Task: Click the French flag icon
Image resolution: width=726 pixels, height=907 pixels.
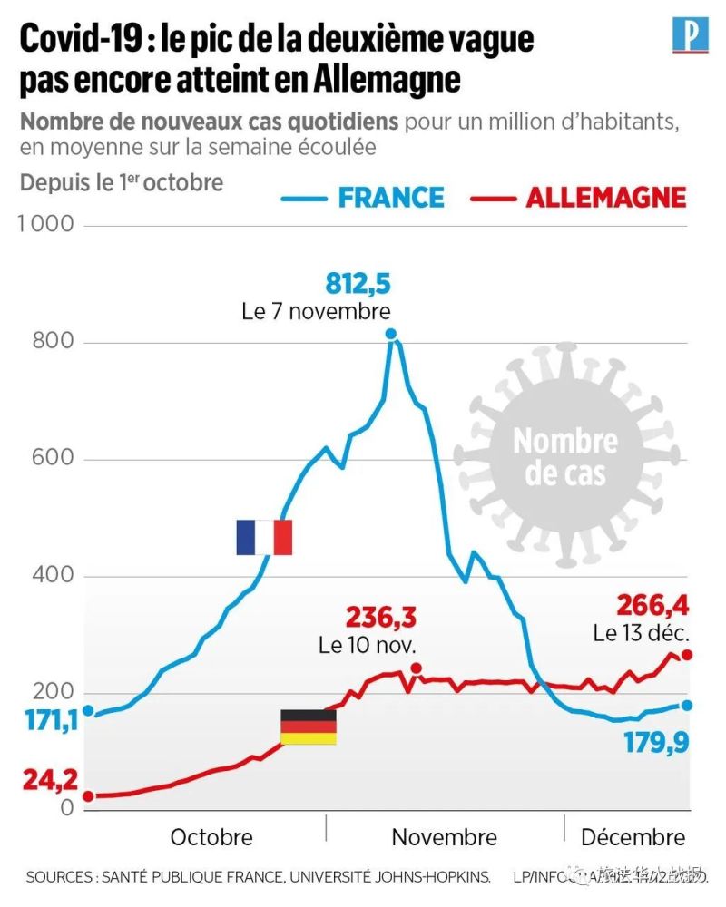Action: click(263, 537)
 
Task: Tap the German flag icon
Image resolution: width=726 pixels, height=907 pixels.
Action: click(308, 727)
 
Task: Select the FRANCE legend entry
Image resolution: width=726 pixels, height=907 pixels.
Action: click(391, 197)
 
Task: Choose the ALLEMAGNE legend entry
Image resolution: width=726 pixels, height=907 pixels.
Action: click(605, 197)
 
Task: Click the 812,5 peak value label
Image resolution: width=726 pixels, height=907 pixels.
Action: click(358, 285)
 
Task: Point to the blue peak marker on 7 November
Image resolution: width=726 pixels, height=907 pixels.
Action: click(391, 334)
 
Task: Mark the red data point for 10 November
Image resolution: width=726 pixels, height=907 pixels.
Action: click(416, 668)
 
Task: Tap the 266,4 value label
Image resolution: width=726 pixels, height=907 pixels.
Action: click(652, 604)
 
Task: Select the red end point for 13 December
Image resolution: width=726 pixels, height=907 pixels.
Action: click(687, 655)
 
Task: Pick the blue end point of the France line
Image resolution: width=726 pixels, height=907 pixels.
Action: click(687, 705)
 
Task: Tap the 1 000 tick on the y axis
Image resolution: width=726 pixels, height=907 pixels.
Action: click(45, 225)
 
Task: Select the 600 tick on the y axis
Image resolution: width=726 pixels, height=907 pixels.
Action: click(55, 459)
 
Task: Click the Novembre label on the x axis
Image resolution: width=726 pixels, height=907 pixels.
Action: click(444, 836)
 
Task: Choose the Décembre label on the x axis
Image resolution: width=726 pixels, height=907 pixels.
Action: click(633, 836)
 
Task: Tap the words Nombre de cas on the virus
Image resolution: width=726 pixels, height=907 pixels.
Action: click(565, 456)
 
